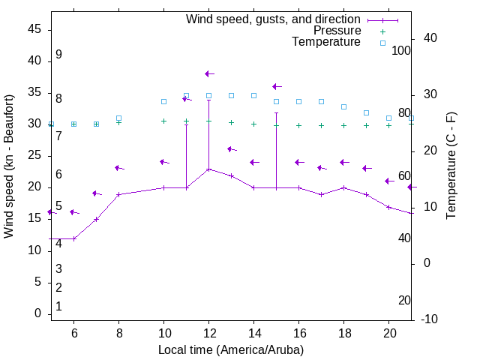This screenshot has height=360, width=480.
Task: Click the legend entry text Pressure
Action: (x=337, y=31)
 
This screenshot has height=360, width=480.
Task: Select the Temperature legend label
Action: (x=326, y=42)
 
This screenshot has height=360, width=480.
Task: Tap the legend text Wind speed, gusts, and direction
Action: (x=274, y=19)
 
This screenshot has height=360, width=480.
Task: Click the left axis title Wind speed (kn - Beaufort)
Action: (x=9, y=166)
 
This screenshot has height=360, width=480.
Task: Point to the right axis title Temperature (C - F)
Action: (x=451, y=166)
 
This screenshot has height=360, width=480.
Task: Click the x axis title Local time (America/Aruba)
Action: (x=231, y=349)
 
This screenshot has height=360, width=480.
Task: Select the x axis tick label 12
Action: (x=208, y=333)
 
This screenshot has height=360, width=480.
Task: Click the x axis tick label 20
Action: (x=388, y=333)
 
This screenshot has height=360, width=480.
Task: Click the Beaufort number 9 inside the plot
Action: (x=58, y=55)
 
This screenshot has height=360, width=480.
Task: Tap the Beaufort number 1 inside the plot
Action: (x=58, y=306)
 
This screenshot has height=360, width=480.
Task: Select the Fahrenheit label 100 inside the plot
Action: (x=401, y=50)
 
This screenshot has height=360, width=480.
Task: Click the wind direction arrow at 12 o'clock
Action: (x=208, y=73)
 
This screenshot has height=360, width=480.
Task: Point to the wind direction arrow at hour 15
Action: (x=276, y=87)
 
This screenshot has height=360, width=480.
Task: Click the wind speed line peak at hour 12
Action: (x=208, y=169)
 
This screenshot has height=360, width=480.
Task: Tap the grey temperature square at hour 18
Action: (x=343, y=106)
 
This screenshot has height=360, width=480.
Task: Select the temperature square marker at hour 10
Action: (x=163, y=101)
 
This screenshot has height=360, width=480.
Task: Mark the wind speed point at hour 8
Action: (x=118, y=194)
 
